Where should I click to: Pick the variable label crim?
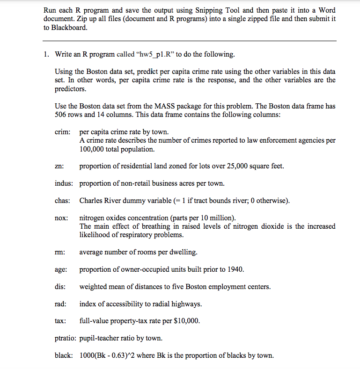[x=62, y=132]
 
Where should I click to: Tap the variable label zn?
[x=59, y=166]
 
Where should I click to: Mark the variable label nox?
[x=61, y=218]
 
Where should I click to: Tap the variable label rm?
[x=59, y=252]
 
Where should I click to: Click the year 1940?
[x=235, y=269]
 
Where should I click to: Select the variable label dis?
[x=60, y=287]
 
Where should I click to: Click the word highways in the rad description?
[x=187, y=304]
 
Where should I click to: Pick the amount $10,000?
[x=186, y=321]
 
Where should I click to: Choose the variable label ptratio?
[x=66, y=338]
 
